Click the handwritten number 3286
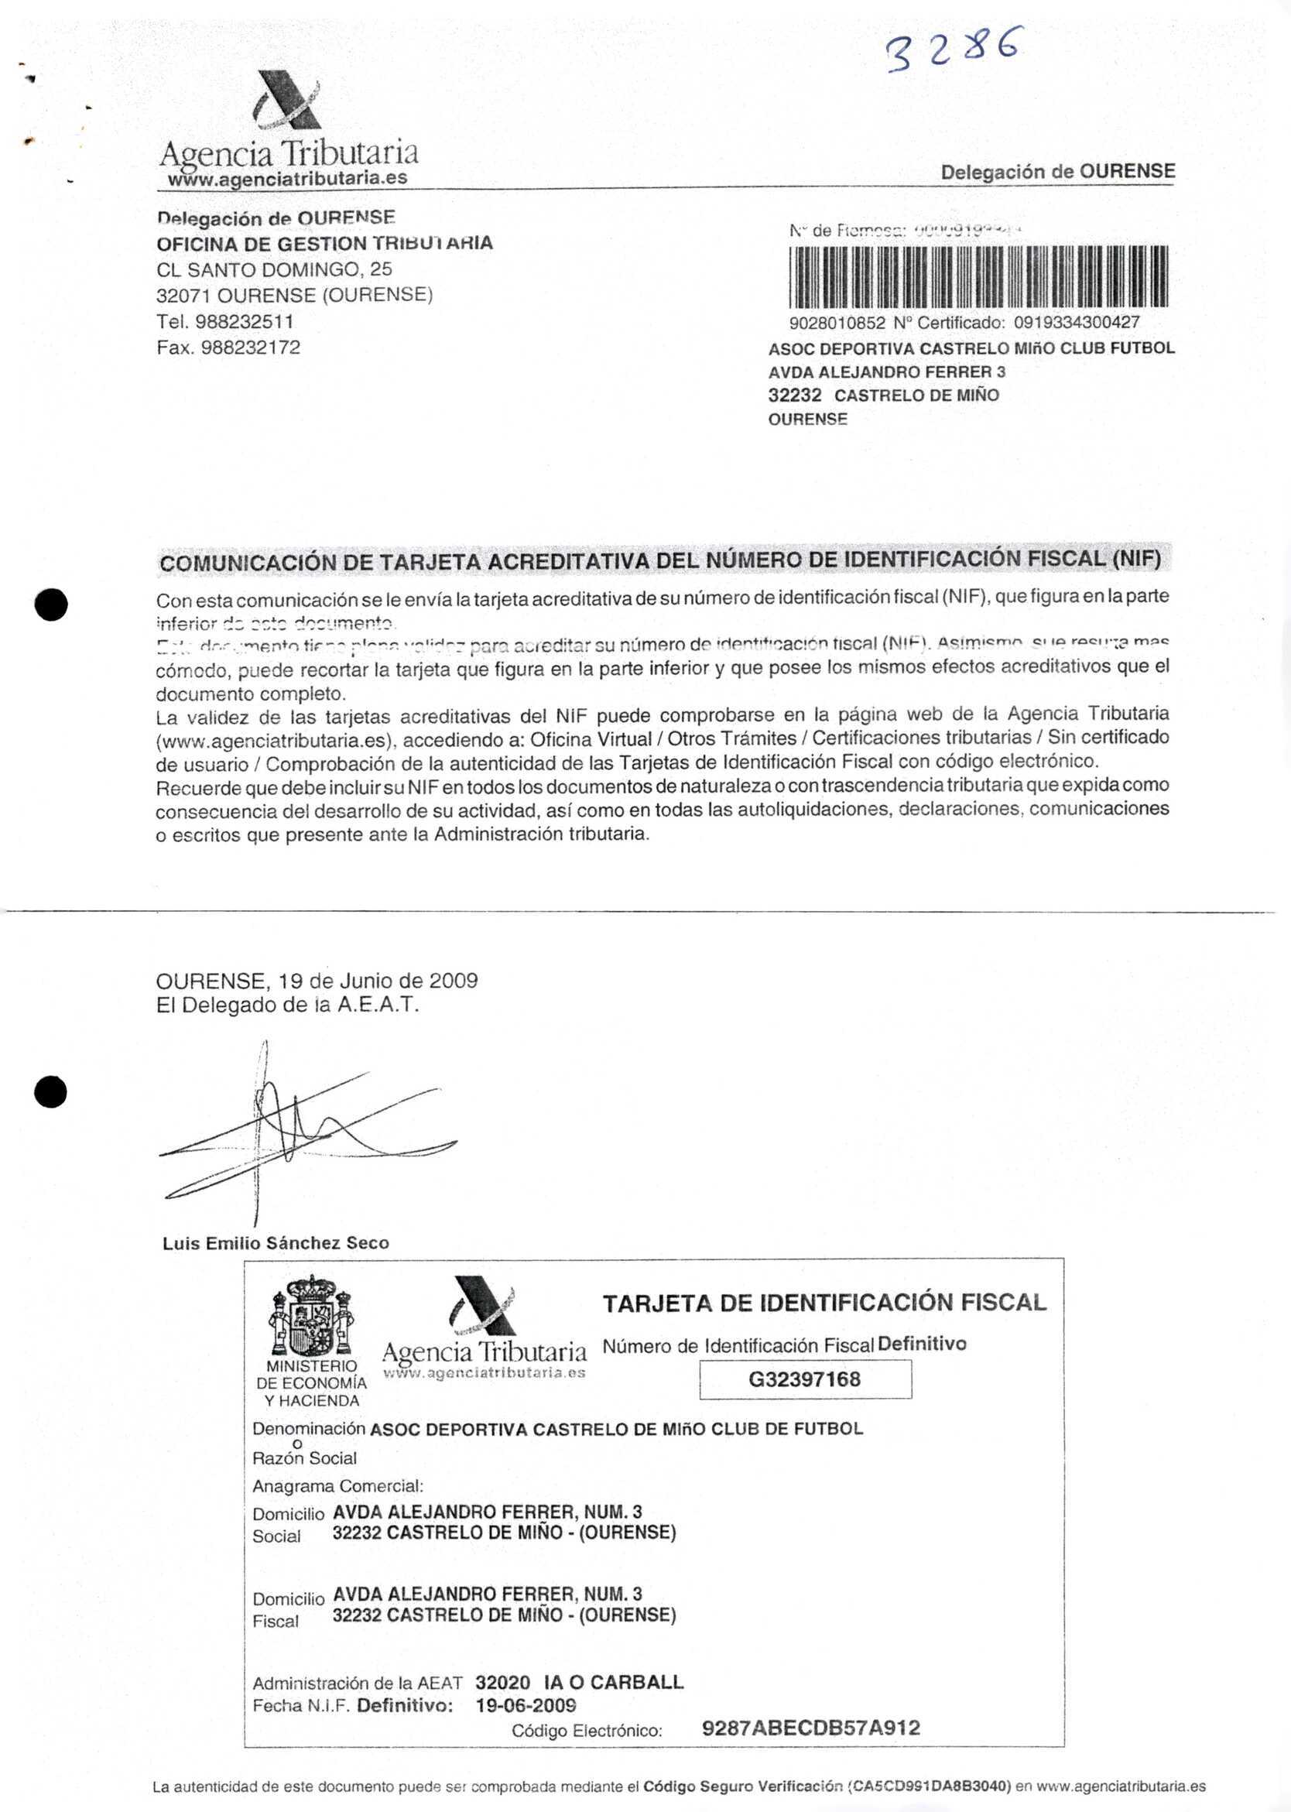[x=951, y=50]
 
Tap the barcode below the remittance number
[x=978, y=276]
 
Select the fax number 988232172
[x=251, y=348]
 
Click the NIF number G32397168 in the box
[x=804, y=1379]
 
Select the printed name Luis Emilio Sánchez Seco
[x=276, y=1244]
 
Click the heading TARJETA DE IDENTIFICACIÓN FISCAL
[x=824, y=1303]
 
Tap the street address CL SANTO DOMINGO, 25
[x=274, y=269]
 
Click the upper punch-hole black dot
[x=51, y=605]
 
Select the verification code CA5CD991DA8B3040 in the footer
[x=930, y=1786]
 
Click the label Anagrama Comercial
[x=338, y=1486]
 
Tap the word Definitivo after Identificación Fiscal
[x=922, y=1344]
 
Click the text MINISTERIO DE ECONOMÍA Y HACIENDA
[x=312, y=1383]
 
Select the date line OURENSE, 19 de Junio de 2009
[x=317, y=981]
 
